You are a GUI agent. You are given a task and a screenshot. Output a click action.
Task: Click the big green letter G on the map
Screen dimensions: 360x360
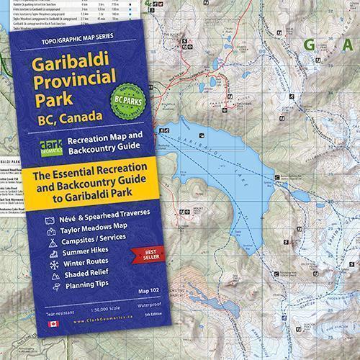coord(311,45)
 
